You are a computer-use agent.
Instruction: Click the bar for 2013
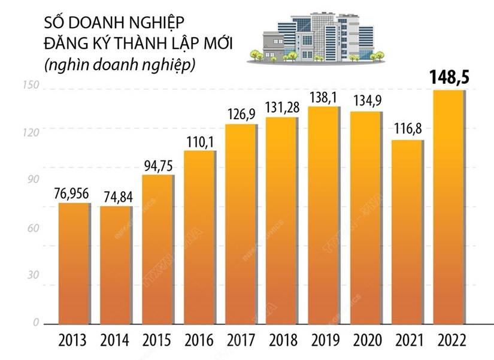pyautogui.click(x=74, y=264)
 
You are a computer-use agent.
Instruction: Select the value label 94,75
pyautogui.click(x=157, y=165)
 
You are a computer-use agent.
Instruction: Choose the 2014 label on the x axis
pyautogui.click(x=116, y=341)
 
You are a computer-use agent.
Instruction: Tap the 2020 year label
pyautogui.click(x=366, y=341)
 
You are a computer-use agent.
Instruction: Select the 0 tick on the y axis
pyautogui.click(x=36, y=322)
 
